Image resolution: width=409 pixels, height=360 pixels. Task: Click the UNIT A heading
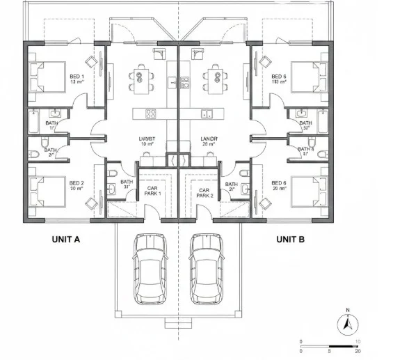[x=66, y=239]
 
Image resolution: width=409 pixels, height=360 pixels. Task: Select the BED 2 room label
[x=77, y=186]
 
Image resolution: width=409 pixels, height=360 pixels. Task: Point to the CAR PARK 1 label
[x=153, y=191]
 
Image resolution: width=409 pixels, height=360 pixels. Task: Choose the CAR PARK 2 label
[x=205, y=193]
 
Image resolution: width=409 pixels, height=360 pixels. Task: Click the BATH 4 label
[x=306, y=149]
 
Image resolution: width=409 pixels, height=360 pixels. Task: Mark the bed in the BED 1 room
[x=44, y=76]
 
